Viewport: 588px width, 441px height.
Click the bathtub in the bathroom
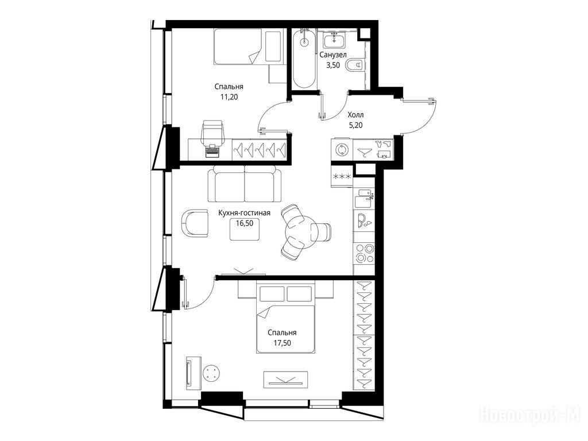coord(304,60)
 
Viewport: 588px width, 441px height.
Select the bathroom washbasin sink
coord(335,41)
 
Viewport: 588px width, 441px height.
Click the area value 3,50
coord(333,65)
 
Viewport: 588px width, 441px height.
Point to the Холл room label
coord(355,115)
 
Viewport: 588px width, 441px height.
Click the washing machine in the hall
coord(342,150)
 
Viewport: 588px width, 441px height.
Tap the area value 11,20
coord(229,97)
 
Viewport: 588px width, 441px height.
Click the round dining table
coord(299,234)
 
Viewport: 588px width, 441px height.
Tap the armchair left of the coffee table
coord(195,223)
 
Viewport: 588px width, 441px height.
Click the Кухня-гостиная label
coord(244,213)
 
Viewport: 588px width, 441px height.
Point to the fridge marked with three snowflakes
coord(342,176)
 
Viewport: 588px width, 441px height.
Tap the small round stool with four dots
coord(212,373)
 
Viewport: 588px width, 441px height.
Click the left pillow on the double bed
coord(272,294)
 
